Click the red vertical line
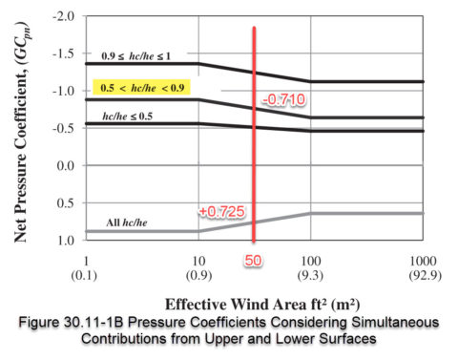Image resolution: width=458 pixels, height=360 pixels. click(254, 143)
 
